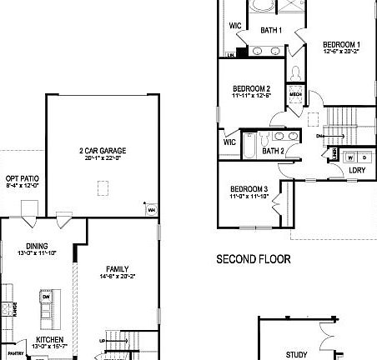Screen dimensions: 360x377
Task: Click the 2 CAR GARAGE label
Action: (102, 151)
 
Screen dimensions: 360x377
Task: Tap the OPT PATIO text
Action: (22, 178)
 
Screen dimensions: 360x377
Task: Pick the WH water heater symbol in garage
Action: (151, 210)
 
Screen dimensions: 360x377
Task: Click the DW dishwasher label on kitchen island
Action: (47, 296)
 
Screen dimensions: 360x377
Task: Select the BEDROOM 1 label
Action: (342, 44)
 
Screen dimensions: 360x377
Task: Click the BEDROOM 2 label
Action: (250, 88)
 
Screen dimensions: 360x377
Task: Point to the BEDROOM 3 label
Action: (249, 188)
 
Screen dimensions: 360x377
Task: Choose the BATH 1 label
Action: (271, 31)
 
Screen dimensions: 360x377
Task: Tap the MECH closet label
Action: (294, 95)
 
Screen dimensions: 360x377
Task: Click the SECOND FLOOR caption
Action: (254, 259)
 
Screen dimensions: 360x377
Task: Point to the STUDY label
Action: (296, 354)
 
